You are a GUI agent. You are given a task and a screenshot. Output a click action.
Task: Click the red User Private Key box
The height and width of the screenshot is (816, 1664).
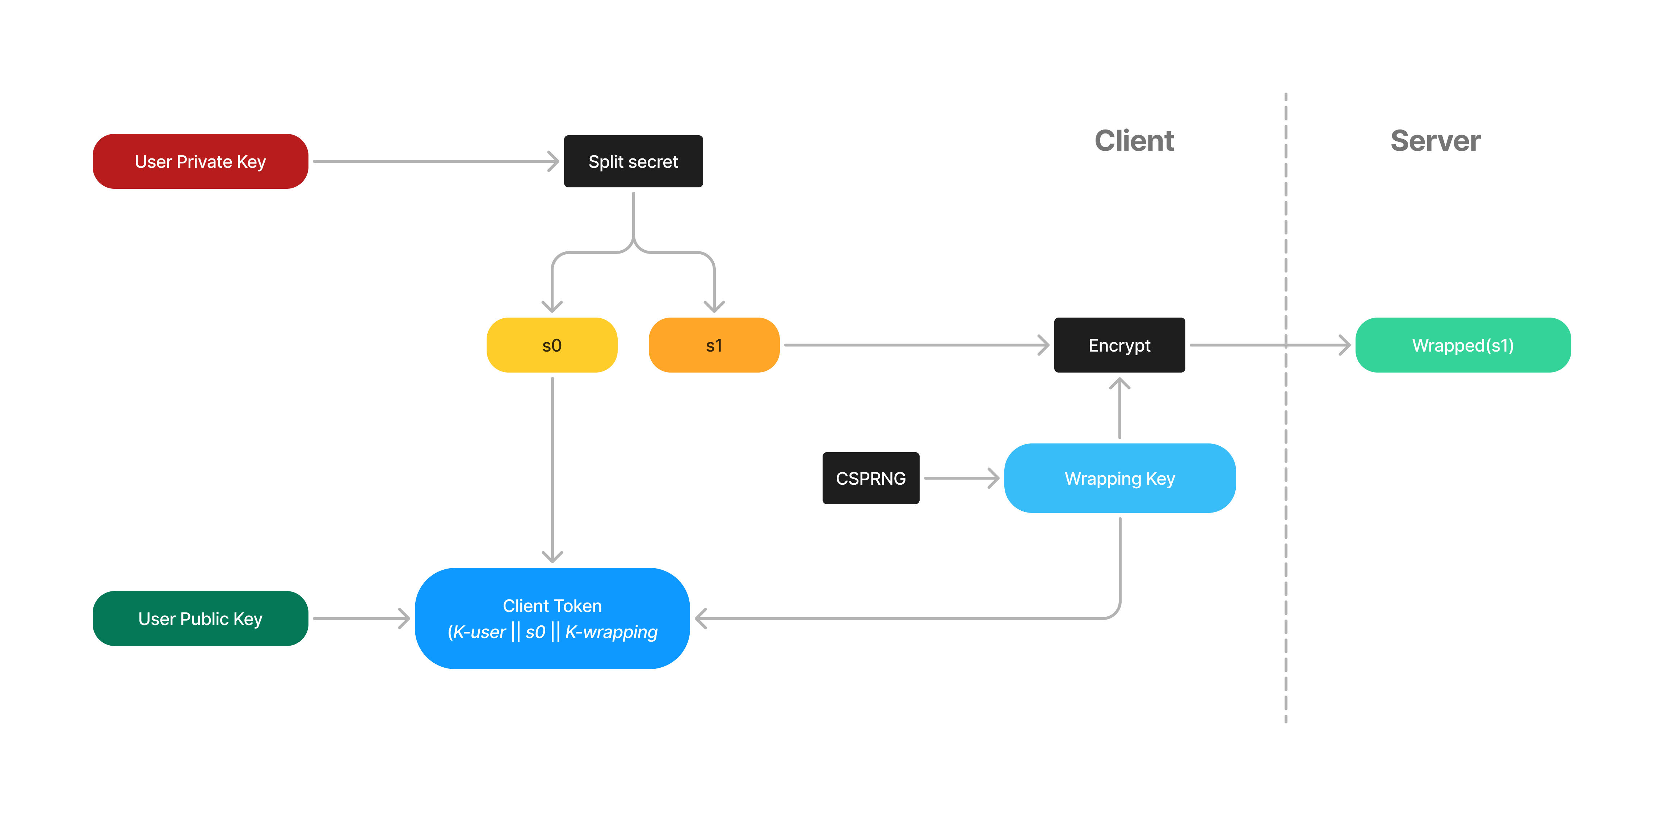[x=200, y=161]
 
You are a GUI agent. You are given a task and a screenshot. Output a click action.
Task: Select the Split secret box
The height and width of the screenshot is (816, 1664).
[x=633, y=161]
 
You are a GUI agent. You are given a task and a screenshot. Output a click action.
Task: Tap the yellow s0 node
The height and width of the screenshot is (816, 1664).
[x=552, y=345]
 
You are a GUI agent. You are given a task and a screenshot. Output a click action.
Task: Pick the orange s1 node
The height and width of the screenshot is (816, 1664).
[x=714, y=345]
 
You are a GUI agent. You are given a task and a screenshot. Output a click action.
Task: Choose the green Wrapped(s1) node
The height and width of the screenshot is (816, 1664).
[x=1462, y=345]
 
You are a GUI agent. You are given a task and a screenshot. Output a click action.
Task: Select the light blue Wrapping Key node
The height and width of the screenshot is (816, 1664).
[x=1119, y=479]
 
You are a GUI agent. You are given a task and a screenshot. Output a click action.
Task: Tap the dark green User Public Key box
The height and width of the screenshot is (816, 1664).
[x=200, y=619]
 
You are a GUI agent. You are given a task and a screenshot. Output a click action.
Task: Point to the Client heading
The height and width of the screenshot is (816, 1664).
[x=1134, y=141]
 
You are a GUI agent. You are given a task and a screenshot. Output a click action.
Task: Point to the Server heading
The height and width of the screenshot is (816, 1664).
[x=1435, y=141]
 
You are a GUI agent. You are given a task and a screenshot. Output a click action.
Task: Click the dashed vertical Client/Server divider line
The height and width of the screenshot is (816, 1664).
[x=1285, y=517]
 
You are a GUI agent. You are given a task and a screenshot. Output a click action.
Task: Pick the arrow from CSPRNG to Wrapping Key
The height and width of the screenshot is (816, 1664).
[x=961, y=479]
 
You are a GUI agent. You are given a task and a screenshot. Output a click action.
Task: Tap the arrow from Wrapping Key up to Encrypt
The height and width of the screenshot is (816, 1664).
[x=1119, y=410]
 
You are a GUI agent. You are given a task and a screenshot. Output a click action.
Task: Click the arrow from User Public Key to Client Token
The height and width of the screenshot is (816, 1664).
[x=361, y=619]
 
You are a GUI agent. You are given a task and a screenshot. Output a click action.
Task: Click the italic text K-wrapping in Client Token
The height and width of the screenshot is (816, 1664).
[x=611, y=632]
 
